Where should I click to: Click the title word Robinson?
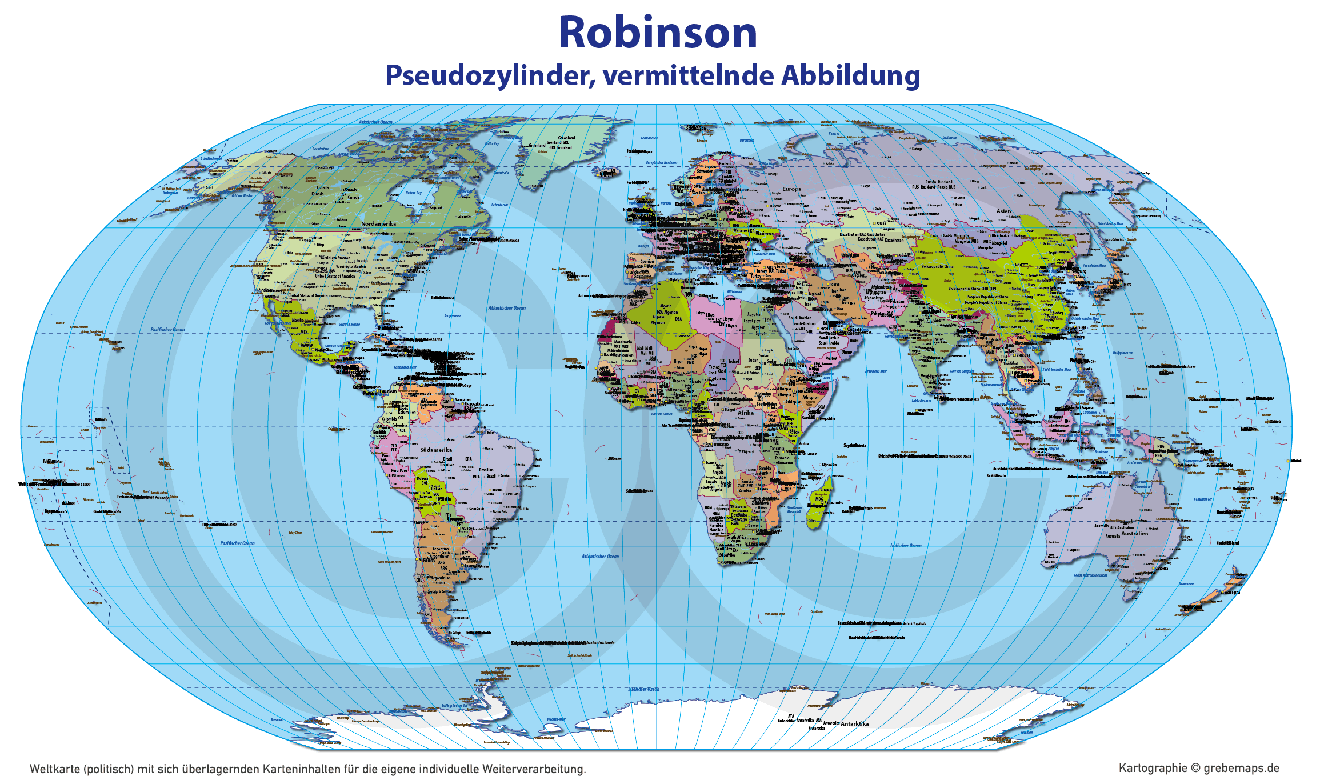658,33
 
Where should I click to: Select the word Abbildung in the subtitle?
851,75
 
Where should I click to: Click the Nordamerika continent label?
378,223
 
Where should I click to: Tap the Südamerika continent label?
436,450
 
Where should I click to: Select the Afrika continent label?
745,413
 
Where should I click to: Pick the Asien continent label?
1003,211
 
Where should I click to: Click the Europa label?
792,189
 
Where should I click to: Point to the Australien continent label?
1134,533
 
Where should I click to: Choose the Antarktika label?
854,723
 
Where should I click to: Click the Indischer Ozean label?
906,545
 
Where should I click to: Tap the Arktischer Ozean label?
375,122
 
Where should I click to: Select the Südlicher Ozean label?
643,689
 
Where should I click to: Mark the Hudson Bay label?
413,193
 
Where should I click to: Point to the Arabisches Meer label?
875,371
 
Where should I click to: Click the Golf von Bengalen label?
962,371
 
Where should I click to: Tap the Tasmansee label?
1186,583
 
